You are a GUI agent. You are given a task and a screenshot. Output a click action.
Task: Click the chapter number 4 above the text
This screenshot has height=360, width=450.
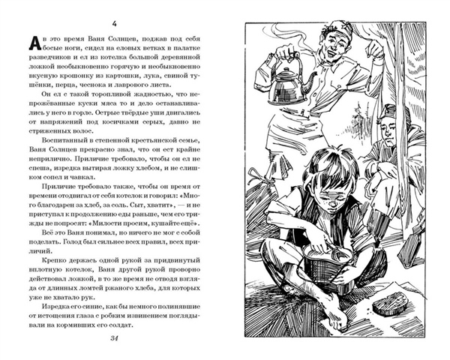click(x=113, y=17)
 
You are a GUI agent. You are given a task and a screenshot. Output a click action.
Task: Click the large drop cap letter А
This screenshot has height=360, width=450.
click(x=31, y=40)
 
